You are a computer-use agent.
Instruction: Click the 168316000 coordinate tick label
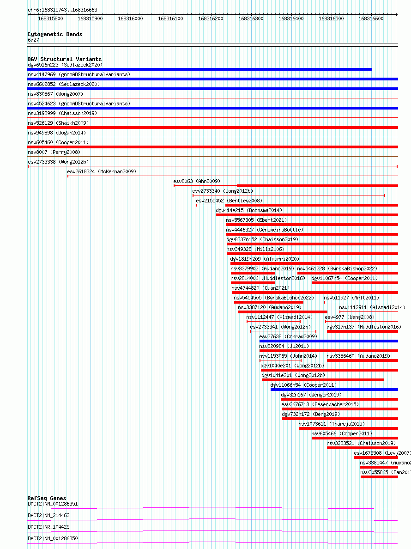tap(130, 18)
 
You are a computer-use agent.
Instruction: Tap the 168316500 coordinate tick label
tap(331, 18)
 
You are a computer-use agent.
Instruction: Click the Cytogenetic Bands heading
tap(55, 34)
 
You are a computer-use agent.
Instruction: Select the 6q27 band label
tap(33, 40)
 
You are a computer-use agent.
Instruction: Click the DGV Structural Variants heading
tap(65, 59)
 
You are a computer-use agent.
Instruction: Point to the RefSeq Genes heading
tap(47, 498)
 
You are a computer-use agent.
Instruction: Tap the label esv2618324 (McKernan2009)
tap(102, 171)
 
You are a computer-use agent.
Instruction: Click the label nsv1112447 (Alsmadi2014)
tap(279, 317)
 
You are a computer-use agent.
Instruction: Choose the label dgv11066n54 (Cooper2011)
tap(303, 385)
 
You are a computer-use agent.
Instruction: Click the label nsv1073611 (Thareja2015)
tap(331, 424)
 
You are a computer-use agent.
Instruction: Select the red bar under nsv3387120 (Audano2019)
tap(283, 312)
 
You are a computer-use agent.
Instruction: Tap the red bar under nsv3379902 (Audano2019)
tap(253, 273)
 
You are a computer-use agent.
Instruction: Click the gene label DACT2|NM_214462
tap(48, 515)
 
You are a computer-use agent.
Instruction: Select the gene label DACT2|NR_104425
tap(48, 527)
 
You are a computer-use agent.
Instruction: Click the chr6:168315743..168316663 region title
tap(62, 10)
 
